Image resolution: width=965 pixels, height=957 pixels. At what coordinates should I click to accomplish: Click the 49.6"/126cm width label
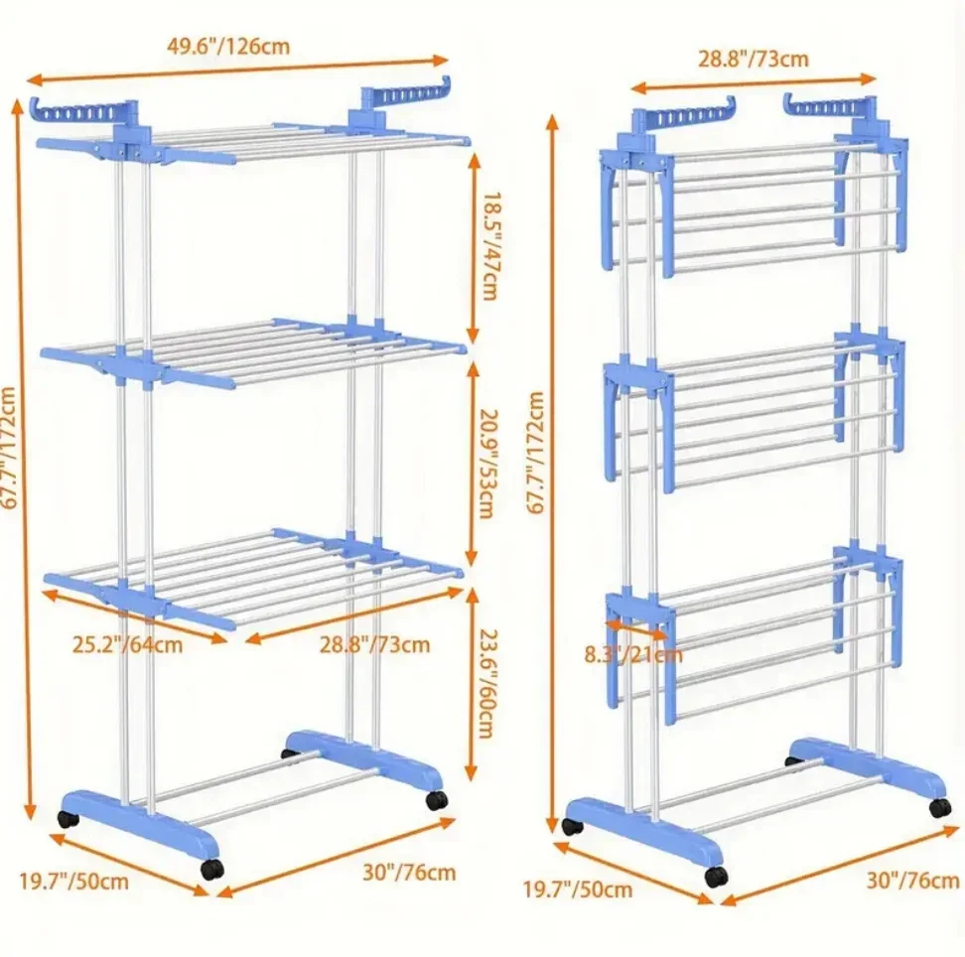pyautogui.click(x=228, y=46)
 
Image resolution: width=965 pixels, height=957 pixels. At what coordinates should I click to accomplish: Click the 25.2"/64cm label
pyautogui.click(x=127, y=644)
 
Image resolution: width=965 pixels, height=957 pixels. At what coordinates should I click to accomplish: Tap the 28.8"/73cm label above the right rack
pyautogui.click(x=753, y=60)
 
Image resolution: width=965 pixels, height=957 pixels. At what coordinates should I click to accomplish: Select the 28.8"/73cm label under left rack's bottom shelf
pyautogui.click(x=374, y=644)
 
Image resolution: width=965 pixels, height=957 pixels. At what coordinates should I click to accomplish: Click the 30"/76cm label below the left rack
pyautogui.click(x=409, y=872)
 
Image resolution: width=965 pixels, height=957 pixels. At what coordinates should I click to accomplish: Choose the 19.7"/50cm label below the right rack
pyautogui.click(x=578, y=889)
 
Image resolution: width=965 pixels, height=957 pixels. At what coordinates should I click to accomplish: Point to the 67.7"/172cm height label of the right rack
pyautogui.click(x=535, y=453)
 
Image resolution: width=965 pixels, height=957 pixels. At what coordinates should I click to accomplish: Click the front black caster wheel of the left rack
pyautogui.click(x=212, y=869)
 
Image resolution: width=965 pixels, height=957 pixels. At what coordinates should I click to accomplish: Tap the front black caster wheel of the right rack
pyautogui.click(x=715, y=877)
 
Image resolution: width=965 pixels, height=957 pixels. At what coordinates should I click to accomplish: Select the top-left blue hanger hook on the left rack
pyautogui.click(x=80, y=111)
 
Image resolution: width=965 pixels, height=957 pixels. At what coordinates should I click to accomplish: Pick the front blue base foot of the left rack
pyautogui.click(x=139, y=824)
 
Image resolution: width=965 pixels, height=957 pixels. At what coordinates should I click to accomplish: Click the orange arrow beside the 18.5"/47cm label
pyautogui.click(x=473, y=247)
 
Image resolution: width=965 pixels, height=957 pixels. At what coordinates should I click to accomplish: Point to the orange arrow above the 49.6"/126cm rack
pyautogui.click(x=237, y=69)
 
